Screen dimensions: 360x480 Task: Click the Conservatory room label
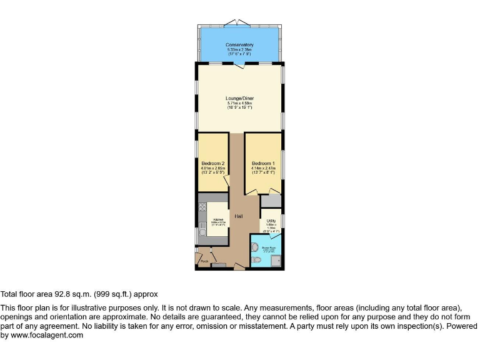[240, 45]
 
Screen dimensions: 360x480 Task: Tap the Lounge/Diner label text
[240, 98]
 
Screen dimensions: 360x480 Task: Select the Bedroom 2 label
[212, 164]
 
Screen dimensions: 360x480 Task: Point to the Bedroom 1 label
[263, 164]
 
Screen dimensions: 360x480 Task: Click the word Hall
[239, 216]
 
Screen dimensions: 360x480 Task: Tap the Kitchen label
[218, 220]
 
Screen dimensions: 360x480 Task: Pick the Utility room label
[271, 221]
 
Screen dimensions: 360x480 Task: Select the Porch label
[204, 261]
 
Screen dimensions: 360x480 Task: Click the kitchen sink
[202, 234]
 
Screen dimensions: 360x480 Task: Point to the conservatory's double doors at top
[240, 22]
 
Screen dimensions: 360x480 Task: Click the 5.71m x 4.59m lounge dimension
[240, 103]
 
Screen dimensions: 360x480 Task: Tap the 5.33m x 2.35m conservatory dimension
[240, 50]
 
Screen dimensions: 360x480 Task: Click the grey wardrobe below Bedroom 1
[271, 201]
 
